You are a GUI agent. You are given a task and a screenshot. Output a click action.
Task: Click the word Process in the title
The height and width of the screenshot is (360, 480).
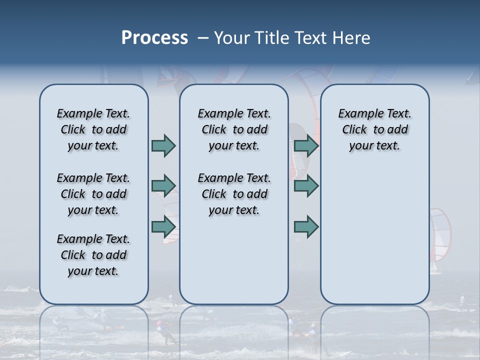pyautogui.click(x=154, y=38)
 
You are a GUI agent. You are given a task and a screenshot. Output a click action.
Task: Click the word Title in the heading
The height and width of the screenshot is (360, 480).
pyautogui.click(x=270, y=38)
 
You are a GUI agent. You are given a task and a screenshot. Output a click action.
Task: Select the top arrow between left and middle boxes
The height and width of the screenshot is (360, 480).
pyautogui.click(x=163, y=145)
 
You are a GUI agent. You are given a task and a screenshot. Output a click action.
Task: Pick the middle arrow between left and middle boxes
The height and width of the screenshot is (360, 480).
pyautogui.click(x=163, y=186)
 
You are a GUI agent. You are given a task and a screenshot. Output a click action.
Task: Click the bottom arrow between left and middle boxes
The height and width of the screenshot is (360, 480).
pyautogui.click(x=163, y=226)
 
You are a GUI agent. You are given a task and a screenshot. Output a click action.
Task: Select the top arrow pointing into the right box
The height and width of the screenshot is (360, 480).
pyautogui.click(x=306, y=145)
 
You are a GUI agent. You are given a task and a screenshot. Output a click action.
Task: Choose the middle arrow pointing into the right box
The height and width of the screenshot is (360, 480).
pyautogui.click(x=306, y=186)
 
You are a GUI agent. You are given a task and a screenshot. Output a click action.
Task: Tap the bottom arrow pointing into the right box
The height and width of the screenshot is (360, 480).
pyautogui.click(x=306, y=226)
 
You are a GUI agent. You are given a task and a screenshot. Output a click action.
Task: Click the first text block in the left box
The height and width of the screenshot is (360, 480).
pyautogui.click(x=93, y=129)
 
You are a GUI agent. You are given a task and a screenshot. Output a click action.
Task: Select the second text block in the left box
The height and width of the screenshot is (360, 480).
pyautogui.click(x=93, y=194)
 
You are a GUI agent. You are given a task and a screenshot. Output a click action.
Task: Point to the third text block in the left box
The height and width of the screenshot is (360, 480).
pyautogui.click(x=93, y=255)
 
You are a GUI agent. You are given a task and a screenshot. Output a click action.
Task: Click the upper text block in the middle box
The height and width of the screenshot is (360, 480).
pyautogui.click(x=234, y=129)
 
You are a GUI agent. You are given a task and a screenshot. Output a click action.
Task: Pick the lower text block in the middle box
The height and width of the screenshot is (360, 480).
pyautogui.click(x=234, y=194)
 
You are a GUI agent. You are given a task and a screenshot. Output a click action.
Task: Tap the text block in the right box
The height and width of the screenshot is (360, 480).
pyautogui.click(x=374, y=129)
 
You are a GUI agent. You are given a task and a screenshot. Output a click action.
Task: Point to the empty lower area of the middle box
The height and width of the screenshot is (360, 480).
pyautogui.click(x=234, y=260)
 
